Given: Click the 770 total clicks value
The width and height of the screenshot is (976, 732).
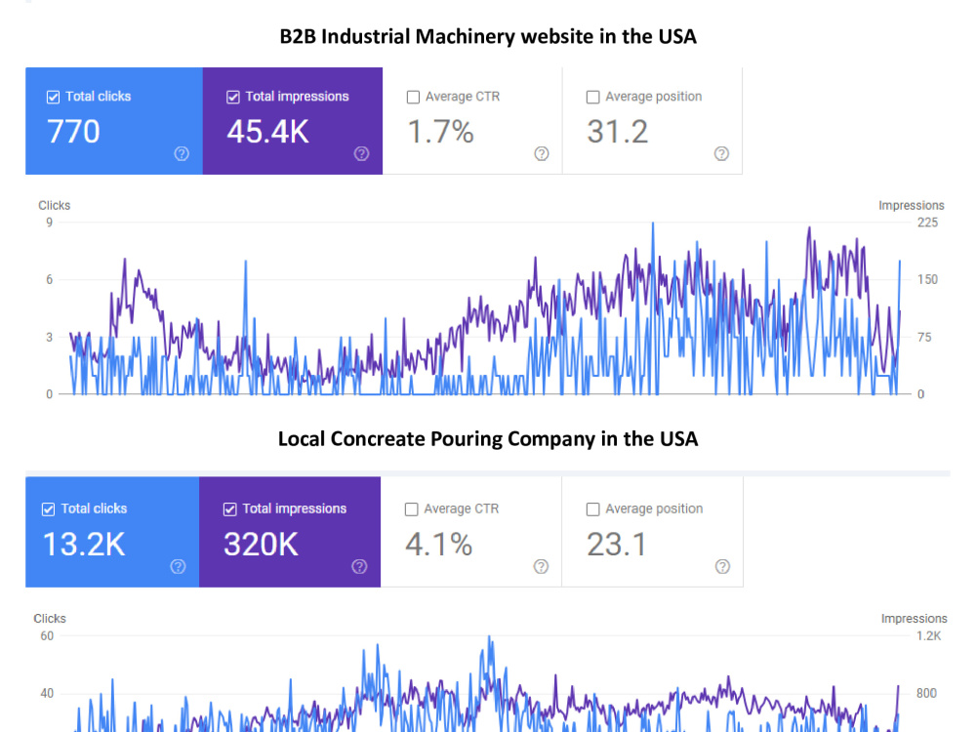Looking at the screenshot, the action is [x=73, y=132].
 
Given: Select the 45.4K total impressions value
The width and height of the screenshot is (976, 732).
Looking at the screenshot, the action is [x=267, y=132].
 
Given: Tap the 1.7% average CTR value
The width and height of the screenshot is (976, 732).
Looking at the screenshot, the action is [x=441, y=132].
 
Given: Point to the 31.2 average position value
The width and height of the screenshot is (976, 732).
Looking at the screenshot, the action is [x=618, y=132].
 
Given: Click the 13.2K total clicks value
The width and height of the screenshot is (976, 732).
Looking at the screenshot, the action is [x=84, y=545].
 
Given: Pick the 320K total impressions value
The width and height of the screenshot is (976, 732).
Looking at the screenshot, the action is [x=261, y=545].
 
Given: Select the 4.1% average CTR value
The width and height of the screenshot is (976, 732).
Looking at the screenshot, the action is [x=439, y=545].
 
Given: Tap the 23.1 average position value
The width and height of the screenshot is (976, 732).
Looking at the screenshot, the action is [x=616, y=545].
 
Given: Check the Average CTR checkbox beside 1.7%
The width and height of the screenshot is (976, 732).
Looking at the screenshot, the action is [x=413, y=97].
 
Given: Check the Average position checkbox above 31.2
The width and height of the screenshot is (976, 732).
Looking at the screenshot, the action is [x=593, y=97].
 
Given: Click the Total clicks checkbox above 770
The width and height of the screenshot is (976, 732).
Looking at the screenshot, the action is [x=53, y=97].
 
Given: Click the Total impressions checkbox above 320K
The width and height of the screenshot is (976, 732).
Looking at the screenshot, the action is [x=229, y=509].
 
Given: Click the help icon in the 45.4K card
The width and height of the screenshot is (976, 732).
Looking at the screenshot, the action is [x=362, y=154].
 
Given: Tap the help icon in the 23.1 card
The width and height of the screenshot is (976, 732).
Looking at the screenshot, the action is [x=722, y=566].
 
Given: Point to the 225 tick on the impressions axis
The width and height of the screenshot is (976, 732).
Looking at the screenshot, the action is [x=927, y=223].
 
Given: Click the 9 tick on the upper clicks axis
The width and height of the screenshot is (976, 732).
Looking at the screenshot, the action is [x=49, y=223].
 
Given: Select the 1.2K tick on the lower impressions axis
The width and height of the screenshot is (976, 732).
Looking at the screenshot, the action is [x=929, y=636].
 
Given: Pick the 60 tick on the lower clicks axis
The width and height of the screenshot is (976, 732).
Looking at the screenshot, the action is [x=47, y=636].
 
